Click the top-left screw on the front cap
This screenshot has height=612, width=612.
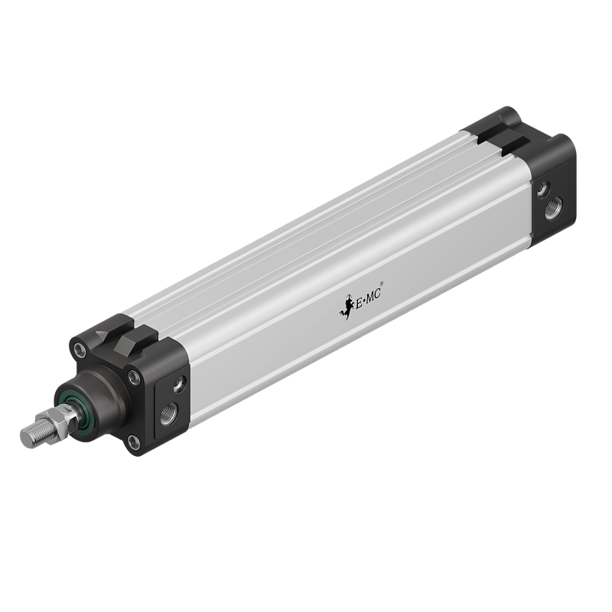(80, 352)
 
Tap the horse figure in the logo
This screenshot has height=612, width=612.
(343, 308)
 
